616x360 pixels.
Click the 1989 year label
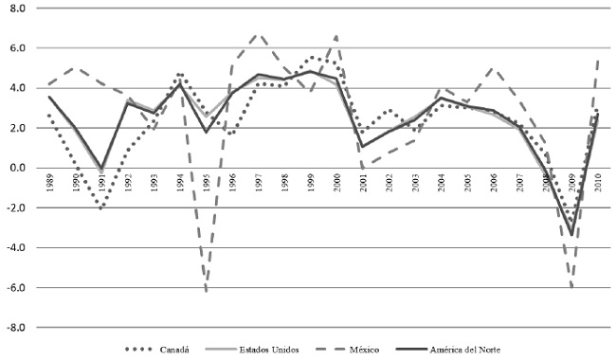49,183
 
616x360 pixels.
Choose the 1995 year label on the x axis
206,183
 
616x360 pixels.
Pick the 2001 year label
363,183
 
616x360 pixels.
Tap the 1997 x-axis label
258,183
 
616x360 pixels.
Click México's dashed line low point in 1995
206,291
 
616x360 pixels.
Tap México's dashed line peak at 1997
258,34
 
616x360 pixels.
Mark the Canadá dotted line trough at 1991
101,207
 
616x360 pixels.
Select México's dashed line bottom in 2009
571,288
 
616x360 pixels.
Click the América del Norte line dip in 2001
363,146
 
